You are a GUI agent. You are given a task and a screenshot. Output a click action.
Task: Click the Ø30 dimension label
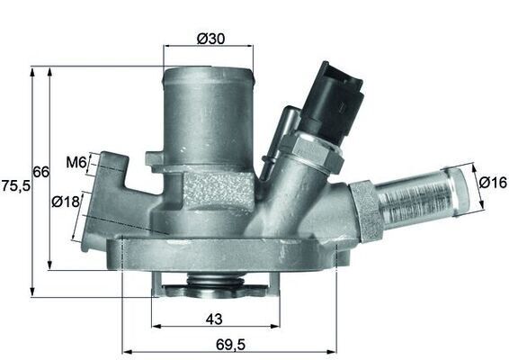click(210, 39)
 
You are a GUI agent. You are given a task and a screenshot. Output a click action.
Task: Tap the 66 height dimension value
click(40, 172)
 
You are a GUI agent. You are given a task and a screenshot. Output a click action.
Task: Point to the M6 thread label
click(76, 163)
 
